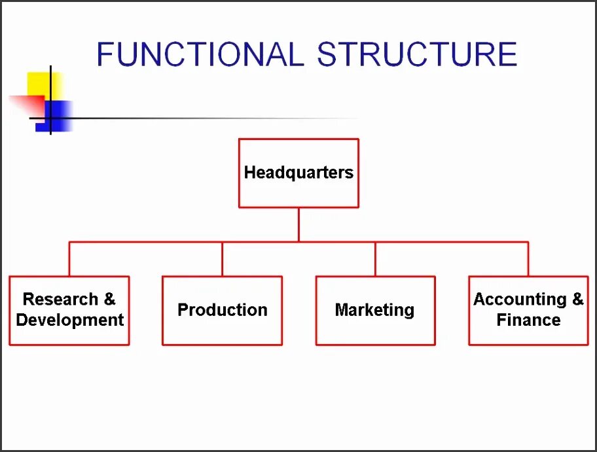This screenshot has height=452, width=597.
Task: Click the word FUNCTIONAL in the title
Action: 200,54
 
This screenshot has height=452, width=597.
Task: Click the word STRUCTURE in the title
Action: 417,54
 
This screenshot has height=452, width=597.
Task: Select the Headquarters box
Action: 298,173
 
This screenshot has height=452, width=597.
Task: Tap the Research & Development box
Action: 69,310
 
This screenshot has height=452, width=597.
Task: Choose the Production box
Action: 223,310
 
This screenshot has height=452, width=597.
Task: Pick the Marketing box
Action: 375,310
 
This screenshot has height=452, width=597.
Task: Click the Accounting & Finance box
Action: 528,310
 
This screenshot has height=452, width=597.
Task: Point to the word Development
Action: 70,321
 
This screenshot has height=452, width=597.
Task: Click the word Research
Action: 60,300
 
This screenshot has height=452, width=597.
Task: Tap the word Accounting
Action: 520,300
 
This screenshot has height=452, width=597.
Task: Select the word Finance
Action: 528,321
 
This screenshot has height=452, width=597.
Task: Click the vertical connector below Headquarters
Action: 298,224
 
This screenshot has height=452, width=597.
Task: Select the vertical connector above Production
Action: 223,259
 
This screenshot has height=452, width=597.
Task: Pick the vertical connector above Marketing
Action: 375,259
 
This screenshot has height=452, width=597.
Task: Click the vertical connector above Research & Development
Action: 69,259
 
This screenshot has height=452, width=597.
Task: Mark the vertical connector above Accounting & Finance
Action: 528,259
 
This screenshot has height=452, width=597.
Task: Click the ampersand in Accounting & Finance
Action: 577,300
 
